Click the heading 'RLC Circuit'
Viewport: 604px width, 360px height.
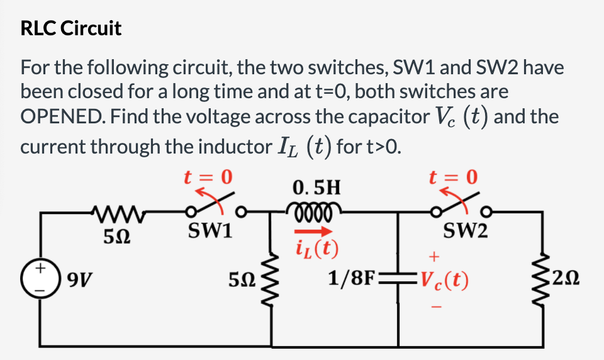click(x=70, y=28)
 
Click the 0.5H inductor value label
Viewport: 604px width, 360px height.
click(x=316, y=187)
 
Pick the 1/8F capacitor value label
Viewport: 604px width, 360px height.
click(x=351, y=278)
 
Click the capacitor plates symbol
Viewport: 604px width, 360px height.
click(x=398, y=278)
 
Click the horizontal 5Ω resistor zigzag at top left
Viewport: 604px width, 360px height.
click(x=114, y=211)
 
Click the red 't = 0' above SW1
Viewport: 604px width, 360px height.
click(x=208, y=177)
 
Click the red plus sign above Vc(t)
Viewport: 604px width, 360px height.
click(x=432, y=257)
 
